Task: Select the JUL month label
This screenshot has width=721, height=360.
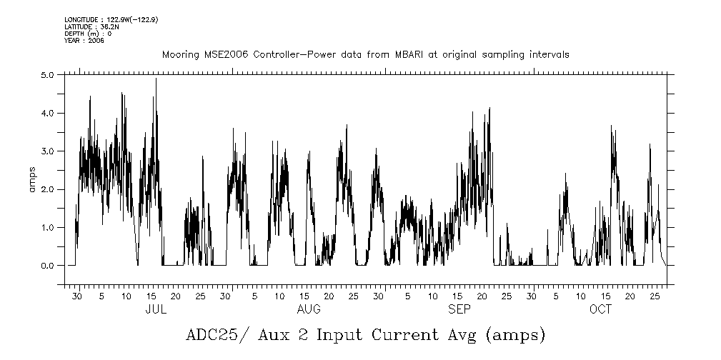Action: (156, 309)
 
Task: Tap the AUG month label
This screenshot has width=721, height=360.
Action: (309, 309)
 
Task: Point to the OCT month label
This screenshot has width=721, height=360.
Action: (600, 309)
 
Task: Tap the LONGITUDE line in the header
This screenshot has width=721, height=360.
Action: (111, 19)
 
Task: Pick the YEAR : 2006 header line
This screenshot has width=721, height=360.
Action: (84, 41)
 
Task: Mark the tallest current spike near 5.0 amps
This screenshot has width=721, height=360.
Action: (156, 79)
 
